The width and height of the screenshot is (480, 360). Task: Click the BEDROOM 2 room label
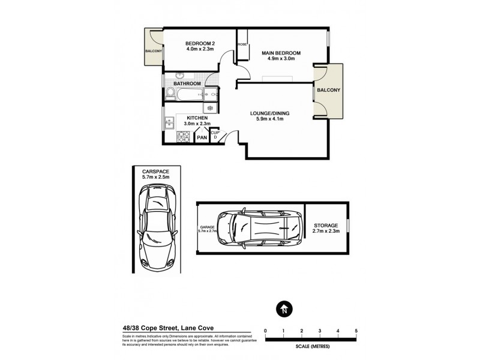pos(200,43)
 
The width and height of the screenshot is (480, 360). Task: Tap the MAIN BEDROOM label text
pos(281,53)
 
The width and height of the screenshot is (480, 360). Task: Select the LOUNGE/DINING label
pos(266,112)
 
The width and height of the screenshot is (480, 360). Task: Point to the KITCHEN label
pos(197,118)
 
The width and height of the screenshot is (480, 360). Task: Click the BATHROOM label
pos(187,83)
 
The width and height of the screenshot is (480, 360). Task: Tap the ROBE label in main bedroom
pos(242,44)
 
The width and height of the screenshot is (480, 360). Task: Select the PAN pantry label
pos(202,137)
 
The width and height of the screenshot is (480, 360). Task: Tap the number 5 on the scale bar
pos(356,331)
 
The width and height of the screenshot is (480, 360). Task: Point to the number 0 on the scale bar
pos(265,331)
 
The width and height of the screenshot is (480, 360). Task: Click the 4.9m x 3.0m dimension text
pos(281,60)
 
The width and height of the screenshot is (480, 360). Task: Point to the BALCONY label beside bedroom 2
pos(152,52)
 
